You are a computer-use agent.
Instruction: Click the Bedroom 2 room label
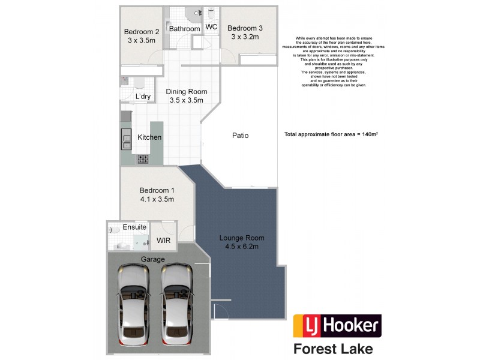141,36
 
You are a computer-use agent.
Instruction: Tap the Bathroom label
184,29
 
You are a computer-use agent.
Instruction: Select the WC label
211,27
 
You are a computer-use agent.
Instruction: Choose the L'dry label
143,96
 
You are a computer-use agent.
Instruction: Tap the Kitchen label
149,137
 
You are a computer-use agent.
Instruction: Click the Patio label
240,136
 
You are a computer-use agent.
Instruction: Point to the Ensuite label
134,227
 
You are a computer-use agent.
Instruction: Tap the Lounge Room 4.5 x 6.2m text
241,242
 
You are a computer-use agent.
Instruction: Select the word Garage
152,259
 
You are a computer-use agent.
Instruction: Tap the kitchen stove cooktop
144,159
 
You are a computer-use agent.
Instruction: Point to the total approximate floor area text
330,135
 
